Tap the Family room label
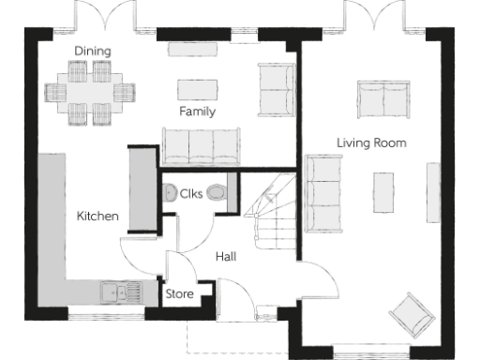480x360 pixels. pyautogui.click(x=198, y=112)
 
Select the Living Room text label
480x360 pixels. pyautogui.click(x=371, y=142)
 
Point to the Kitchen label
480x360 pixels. pyautogui.click(x=97, y=217)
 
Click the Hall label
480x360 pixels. pyautogui.click(x=226, y=256)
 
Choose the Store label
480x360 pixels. pyautogui.click(x=180, y=294)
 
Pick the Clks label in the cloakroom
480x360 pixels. pyautogui.click(x=193, y=194)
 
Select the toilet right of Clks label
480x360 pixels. pyautogui.click(x=217, y=193)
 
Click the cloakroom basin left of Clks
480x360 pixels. pyautogui.click(x=170, y=194)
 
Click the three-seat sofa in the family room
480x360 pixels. pyautogui.click(x=201, y=146)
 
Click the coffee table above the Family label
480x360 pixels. pyautogui.click(x=197, y=88)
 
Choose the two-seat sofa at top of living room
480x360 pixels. pyautogui.click(x=382, y=98)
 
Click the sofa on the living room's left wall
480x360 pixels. pyautogui.click(x=323, y=192)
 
